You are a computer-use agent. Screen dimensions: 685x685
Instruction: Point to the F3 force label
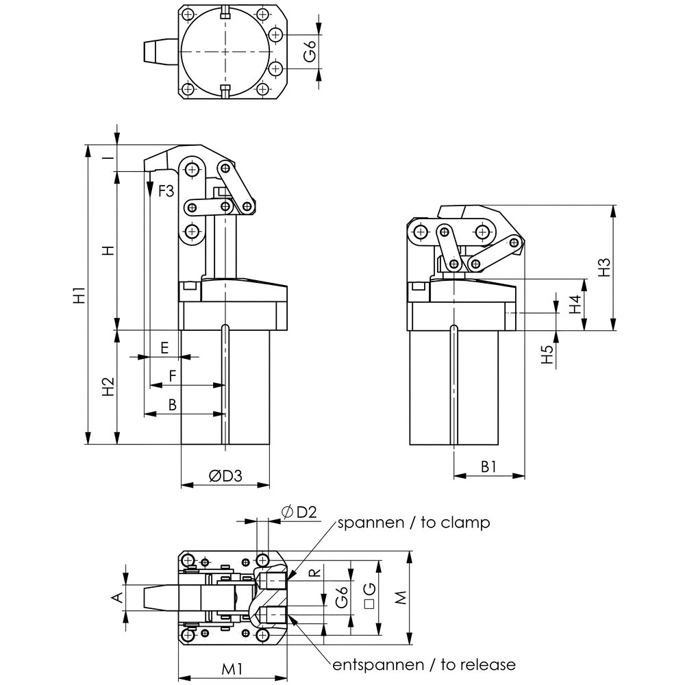click(x=166, y=191)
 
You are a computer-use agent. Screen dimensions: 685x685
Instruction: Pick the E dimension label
click(x=164, y=347)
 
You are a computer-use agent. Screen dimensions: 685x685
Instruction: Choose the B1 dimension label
click(x=488, y=466)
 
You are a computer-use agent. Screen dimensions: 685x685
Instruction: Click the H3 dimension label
click(x=603, y=267)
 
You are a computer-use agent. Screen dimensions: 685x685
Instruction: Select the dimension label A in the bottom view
click(x=116, y=598)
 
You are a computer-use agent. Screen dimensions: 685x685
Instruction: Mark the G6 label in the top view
click(x=310, y=53)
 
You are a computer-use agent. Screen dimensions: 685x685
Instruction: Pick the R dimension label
click(x=314, y=572)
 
